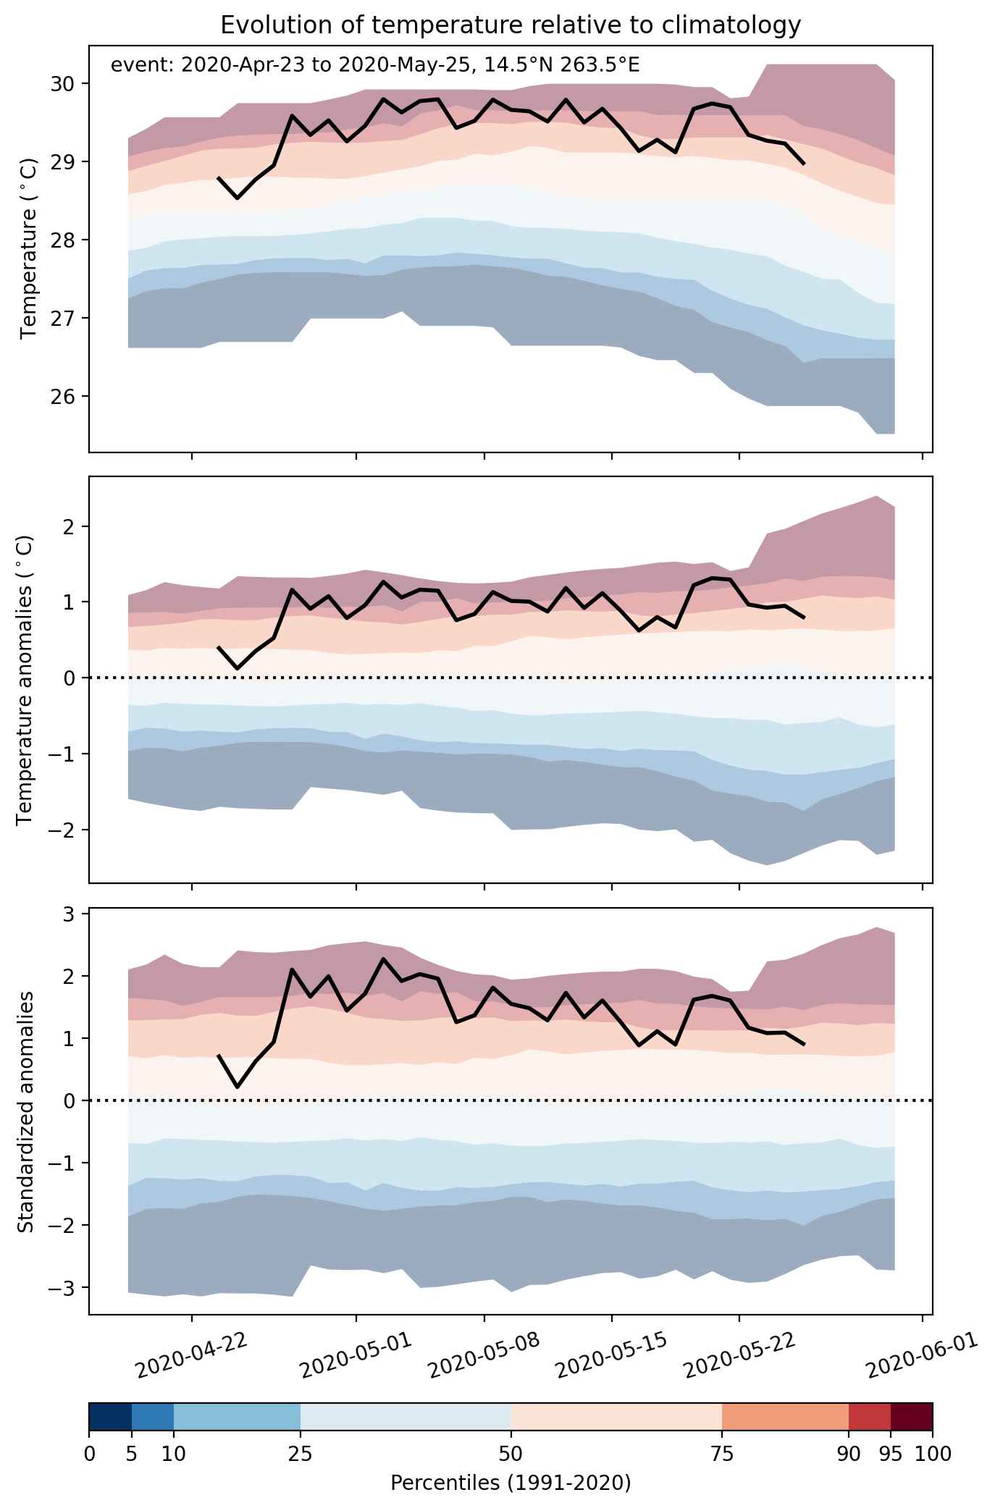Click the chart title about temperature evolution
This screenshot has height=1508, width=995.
coord(511,25)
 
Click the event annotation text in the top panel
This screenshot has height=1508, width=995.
coord(375,66)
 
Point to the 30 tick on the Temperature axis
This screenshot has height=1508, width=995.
coord(64,84)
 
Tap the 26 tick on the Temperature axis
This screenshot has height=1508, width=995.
coord(64,397)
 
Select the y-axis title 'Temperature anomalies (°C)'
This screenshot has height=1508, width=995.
coord(25,680)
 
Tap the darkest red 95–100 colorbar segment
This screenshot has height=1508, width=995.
coord(912,1418)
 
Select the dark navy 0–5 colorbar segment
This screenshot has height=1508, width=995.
coord(110,1418)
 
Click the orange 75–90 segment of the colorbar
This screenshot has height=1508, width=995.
coord(785,1418)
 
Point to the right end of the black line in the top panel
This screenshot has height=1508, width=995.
coord(805,164)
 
